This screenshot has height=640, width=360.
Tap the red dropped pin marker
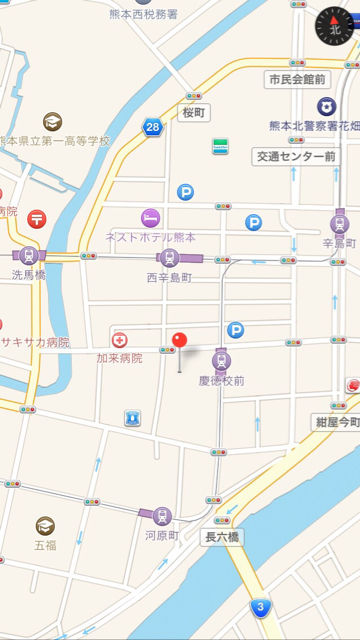click(180, 343)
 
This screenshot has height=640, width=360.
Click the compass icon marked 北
click(335, 27)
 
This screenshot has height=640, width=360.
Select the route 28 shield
click(152, 127)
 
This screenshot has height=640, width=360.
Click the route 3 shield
click(261, 607)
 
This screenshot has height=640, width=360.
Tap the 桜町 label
click(192, 112)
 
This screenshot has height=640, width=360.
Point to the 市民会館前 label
click(296, 78)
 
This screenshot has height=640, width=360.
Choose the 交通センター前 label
click(295, 157)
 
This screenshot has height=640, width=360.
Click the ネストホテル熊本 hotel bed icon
click(150, 217)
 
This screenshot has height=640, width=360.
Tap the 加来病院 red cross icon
click(120, 340)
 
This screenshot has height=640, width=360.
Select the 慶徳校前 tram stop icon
click(221, 361)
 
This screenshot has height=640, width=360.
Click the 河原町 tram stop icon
click(161, 516)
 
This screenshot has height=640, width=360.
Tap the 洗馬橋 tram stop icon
click(28, 255)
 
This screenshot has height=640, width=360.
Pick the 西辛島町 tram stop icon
click(168, 258)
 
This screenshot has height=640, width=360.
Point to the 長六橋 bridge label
click(222, 537)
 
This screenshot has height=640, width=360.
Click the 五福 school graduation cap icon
click(45, 525)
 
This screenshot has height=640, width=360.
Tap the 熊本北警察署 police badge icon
click(327, 106)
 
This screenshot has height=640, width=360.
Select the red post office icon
click(37, 217)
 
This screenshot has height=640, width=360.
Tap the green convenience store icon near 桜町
click(219, 146)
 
